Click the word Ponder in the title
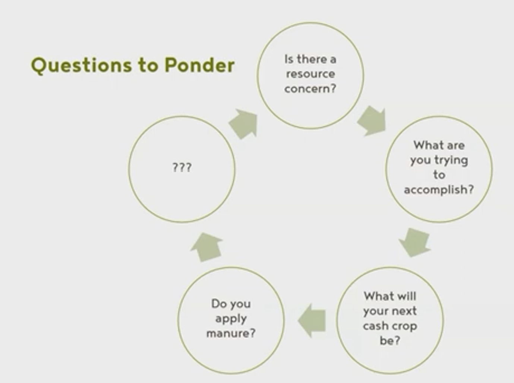[x=199, y=65]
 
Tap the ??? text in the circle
[x=182, y=167]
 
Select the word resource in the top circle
[x=310, y=74]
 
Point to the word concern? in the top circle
[x=310, y=88]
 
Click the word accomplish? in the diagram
[x=439, y=190]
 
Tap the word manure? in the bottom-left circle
[x=231, y=333]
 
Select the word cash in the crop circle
[x=374, y=326]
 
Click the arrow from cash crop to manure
[x=312, y=320]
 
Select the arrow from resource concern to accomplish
[x=372, y=121]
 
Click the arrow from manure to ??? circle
[x=206, y=247]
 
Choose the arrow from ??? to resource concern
[x=243, y=124]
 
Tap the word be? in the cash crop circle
[x=390, y=340]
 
